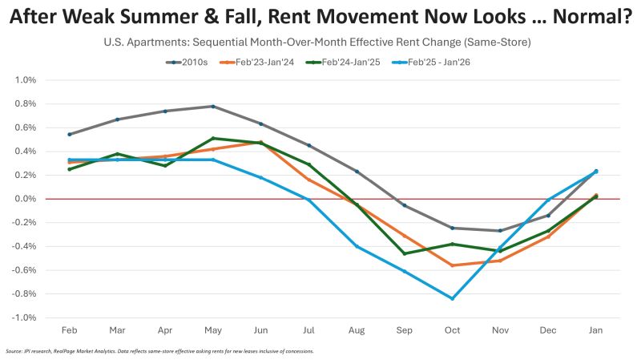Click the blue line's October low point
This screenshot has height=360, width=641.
452,298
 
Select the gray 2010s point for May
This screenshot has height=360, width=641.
212,106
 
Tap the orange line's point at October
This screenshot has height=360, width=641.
452,265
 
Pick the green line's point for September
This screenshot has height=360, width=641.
404,253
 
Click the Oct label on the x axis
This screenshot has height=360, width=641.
452,330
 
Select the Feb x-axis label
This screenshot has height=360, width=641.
68,330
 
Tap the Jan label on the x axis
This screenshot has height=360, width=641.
595,330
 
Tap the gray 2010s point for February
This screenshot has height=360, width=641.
69,134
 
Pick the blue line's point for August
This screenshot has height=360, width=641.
356,246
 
